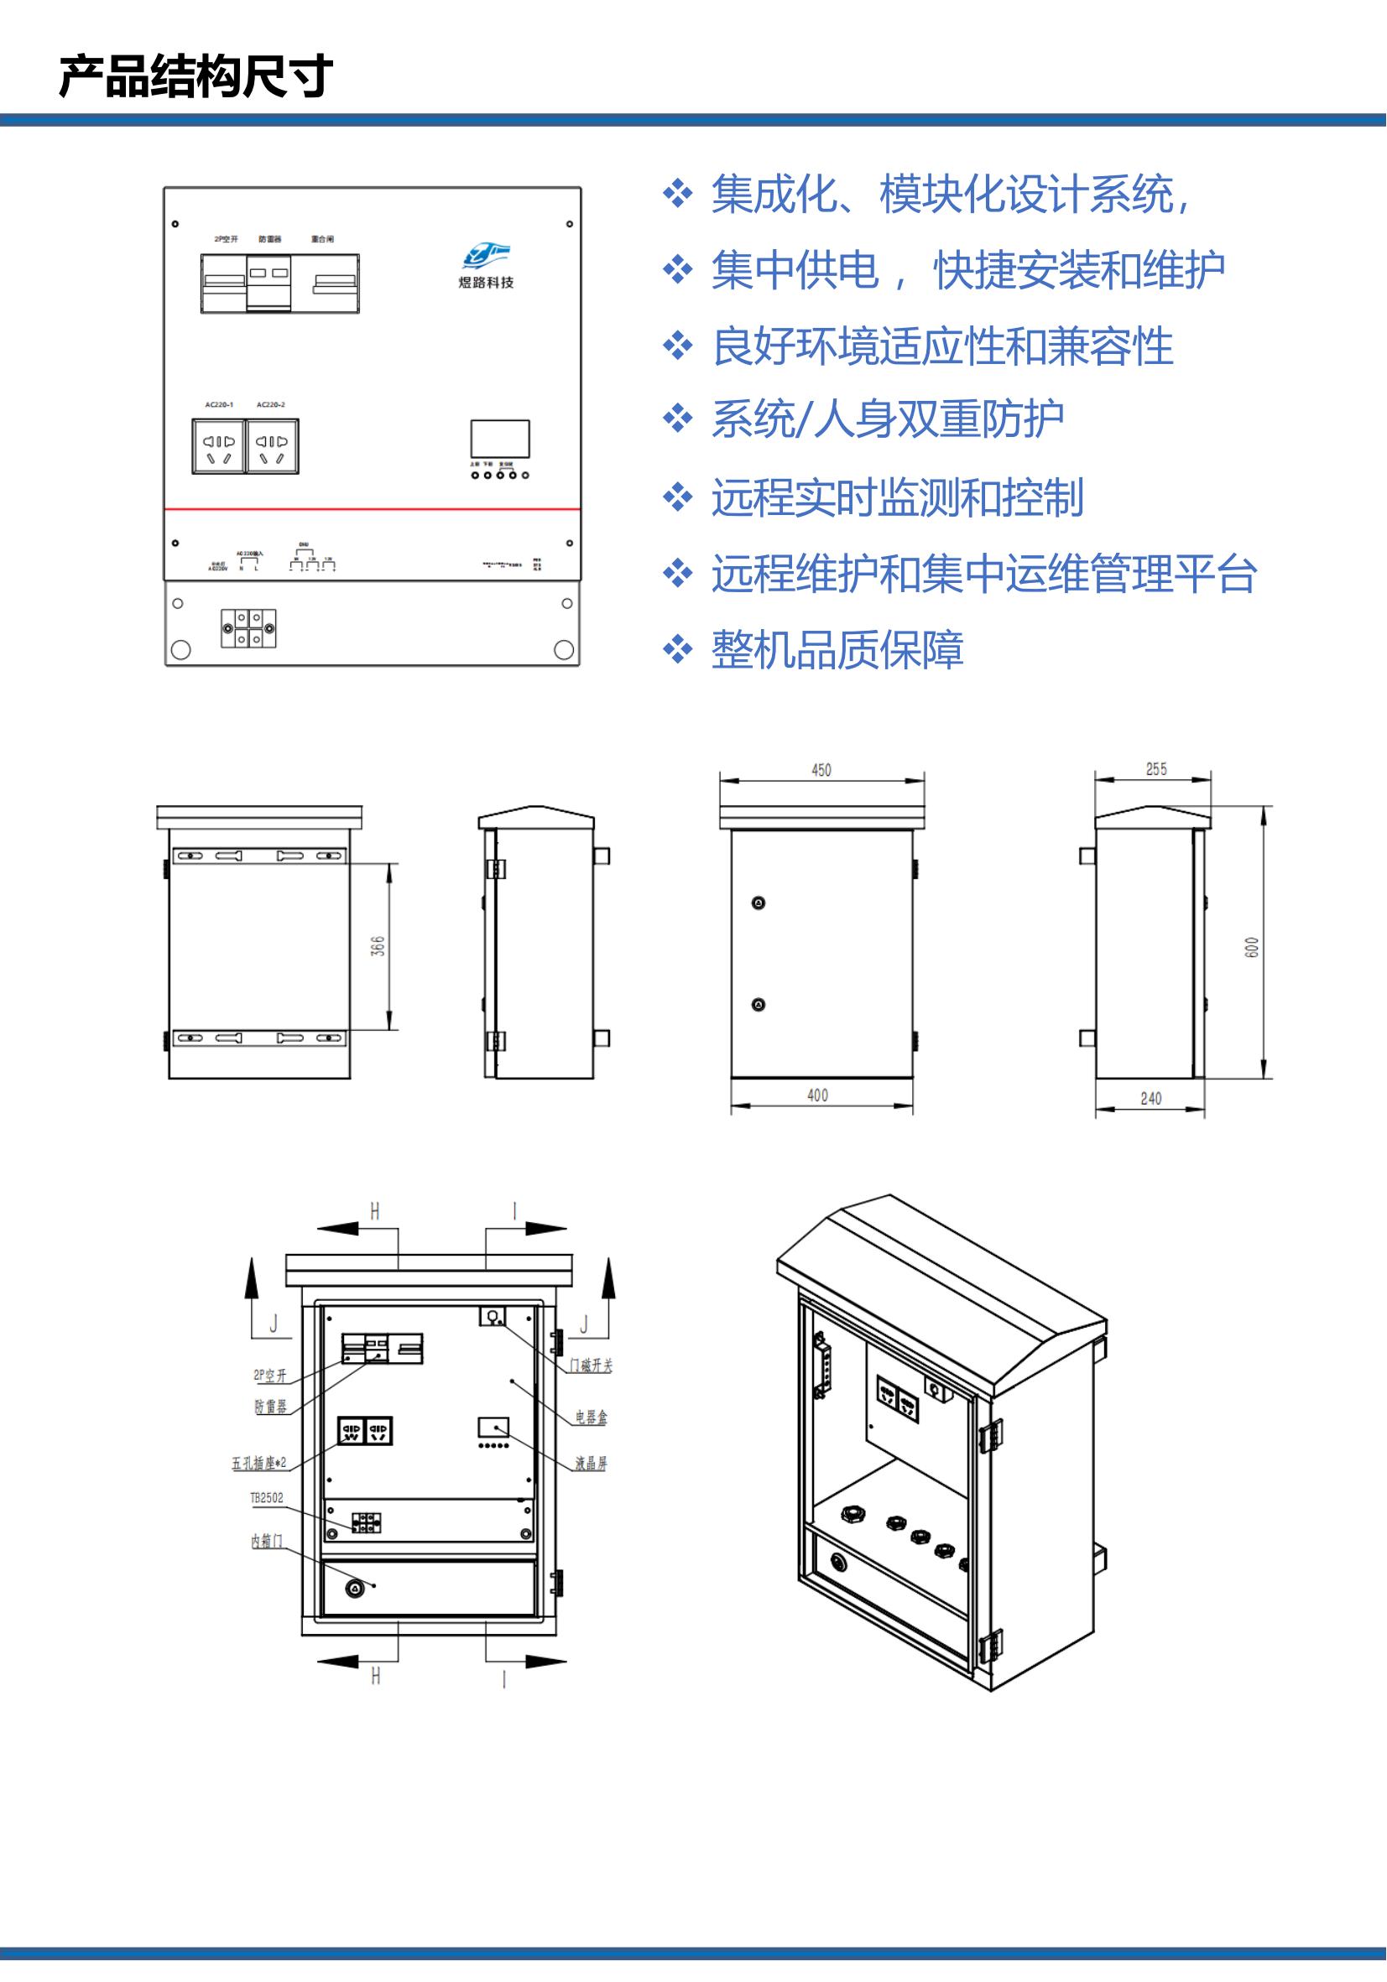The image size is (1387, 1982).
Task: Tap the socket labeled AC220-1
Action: [218, 446]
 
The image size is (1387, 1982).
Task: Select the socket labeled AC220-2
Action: [272, 446]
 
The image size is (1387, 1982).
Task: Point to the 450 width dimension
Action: [821, 770]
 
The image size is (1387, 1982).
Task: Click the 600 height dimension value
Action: [1252, 947]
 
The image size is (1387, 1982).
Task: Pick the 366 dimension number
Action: [378, 945]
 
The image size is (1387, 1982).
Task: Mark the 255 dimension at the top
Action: [1156, 769]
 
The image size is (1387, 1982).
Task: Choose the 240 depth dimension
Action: [1151, 1099]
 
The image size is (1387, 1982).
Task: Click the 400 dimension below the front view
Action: [818, 1095]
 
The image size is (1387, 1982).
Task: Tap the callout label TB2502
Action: [267, 1498]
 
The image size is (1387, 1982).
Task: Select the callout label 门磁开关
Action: [591, 1366]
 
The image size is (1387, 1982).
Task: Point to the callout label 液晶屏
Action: [592, 1463]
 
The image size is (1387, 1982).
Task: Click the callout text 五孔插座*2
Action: [259, 1463]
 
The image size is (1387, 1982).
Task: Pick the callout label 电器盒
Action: [592, 1418]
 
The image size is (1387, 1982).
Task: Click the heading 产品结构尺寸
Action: [196, 76]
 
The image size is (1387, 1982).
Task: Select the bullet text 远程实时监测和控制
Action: [897, 498]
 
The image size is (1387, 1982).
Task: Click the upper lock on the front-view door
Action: [759, 903]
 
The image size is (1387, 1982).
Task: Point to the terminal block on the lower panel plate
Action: [248, 628]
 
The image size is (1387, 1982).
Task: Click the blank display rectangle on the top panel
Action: [500, 439]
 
